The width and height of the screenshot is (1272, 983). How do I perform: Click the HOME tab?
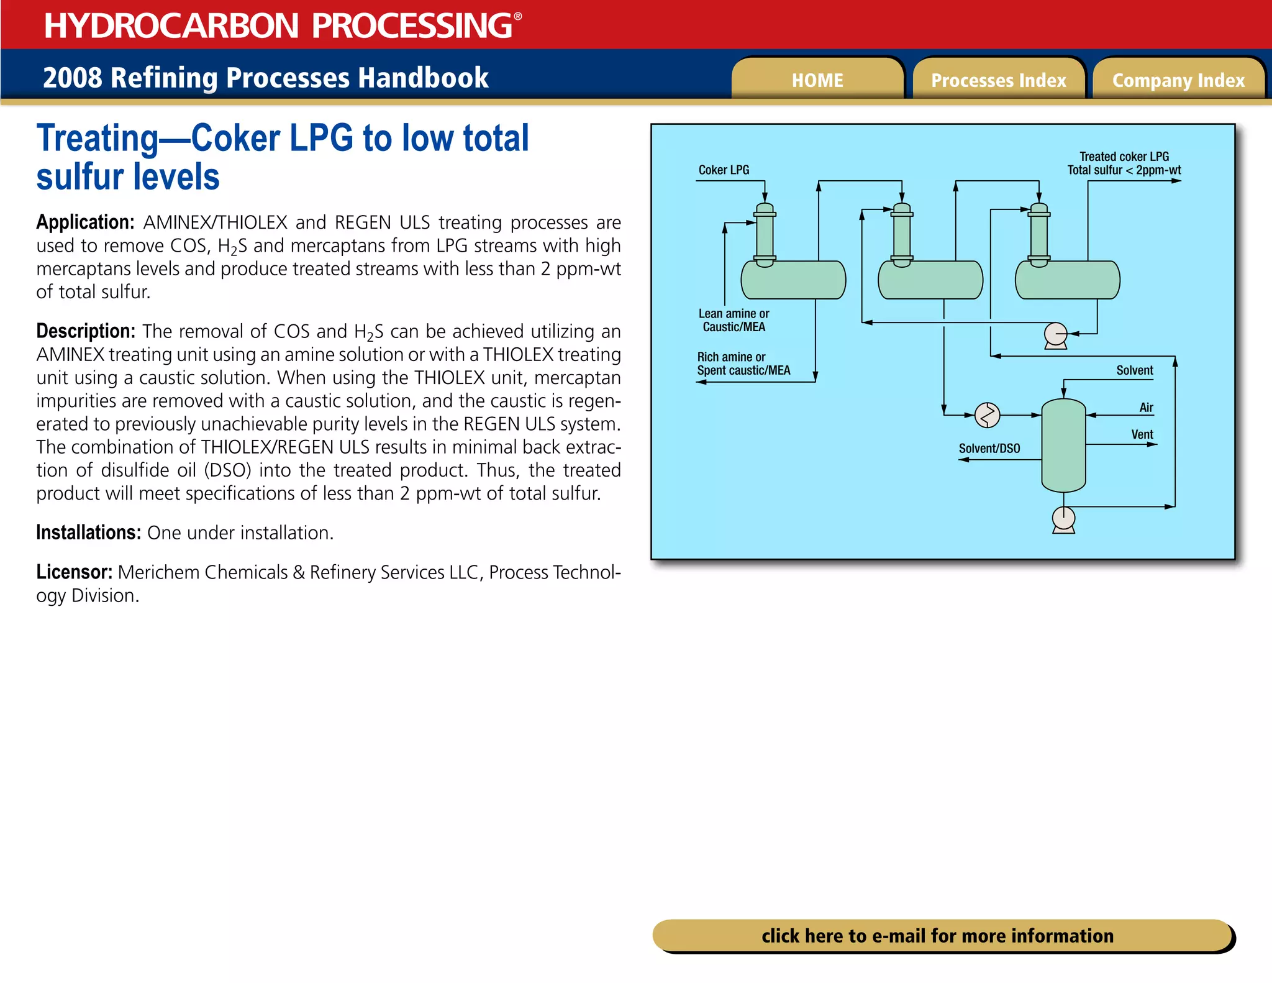(x=817, y=80)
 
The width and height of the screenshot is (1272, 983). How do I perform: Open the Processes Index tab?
(x=998, y=80)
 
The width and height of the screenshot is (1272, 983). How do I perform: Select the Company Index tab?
(x=1178, y=80)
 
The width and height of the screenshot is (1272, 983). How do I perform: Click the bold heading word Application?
(x=85, y=222)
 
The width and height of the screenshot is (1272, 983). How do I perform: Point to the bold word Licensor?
(x=74, y=572)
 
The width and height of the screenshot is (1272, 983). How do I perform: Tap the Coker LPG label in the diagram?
(x=724, y=170)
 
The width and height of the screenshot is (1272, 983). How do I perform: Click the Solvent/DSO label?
(x=989, y=448)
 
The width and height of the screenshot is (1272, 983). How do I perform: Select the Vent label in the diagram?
(x=1142, y=434)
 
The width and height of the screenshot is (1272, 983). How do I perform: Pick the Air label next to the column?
(x=1146, y=408)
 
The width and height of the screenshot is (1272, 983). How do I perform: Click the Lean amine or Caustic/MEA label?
(x=734, y=320)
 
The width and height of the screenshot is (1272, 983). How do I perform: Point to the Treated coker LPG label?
(x=1124, y=157)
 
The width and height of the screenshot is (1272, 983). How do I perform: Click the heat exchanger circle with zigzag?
(x=987, y=415)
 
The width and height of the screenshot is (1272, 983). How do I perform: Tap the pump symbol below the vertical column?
(x=1063, y=519)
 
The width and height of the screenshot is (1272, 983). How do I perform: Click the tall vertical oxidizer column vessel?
(x=1063, y=445)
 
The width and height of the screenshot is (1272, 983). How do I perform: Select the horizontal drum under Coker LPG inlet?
(x=793, y=280)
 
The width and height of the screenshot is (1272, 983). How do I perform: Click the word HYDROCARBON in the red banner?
(x=171, y=25)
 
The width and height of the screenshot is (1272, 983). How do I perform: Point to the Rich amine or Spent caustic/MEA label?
(x=743, y=363)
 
